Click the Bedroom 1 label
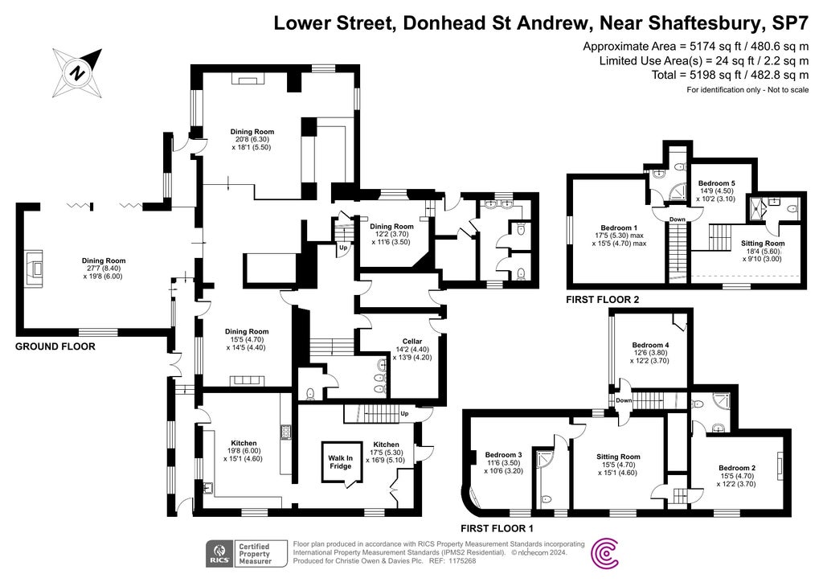click(x=619, y=228)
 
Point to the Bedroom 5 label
click(x=715, y=183)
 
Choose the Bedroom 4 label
click(x=651, y=345)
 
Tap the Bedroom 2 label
click(x=736, y=468)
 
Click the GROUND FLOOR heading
click(x=55, y=347)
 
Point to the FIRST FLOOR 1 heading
click(x=497, y=529)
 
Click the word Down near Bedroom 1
click(x=678, y=219)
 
